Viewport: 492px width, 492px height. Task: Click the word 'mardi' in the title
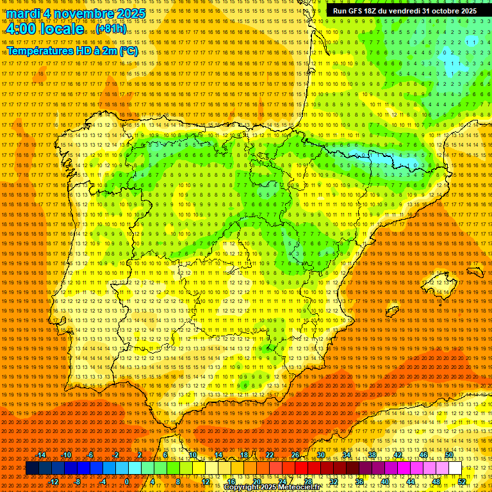pos(24,13)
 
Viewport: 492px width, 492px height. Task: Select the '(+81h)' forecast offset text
pos(111,29)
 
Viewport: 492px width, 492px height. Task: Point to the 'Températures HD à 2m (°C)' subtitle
pos(72,51)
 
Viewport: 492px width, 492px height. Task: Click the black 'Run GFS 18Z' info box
pos(404,11)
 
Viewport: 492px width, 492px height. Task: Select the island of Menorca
pos(475,272)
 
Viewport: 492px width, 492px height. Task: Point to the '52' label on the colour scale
pos(462,482)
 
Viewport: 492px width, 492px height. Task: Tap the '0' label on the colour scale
pos(127,482)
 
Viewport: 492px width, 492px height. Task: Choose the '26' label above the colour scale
pos(295,455)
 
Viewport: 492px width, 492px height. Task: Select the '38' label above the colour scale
pos(372,455)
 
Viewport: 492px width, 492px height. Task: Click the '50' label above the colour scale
pos(449,455)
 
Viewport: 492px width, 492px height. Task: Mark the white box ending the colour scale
pos(455,468)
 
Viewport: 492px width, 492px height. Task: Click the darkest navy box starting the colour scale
pos(32,468)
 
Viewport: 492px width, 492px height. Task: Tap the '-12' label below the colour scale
pos(54,482)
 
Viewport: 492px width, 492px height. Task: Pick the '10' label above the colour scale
pos(192,455)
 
